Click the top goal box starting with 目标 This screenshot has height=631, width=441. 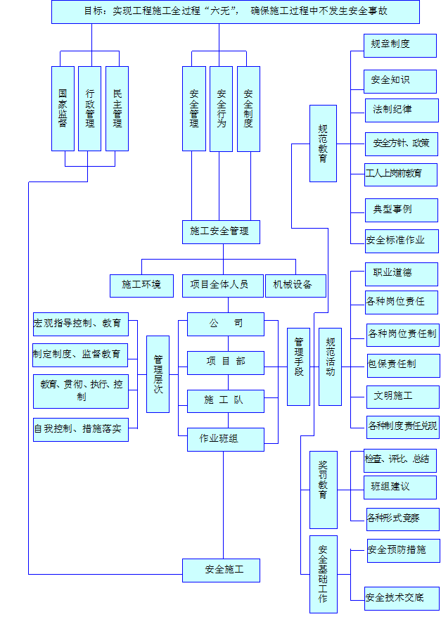pos(236,11)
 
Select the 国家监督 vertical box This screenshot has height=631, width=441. pos(63,108)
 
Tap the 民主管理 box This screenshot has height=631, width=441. pos(117,108)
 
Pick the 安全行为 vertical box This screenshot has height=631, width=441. pos(221,108)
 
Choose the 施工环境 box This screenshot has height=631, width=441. pos(141,286)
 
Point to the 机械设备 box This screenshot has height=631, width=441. pos(296,286)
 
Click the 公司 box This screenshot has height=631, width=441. pos(226,324)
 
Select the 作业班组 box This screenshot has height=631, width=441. pos(226,440)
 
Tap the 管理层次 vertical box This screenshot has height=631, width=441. pos(158,374)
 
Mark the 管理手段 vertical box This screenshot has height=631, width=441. pos(298,367)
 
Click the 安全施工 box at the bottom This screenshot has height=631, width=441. pos(222,570)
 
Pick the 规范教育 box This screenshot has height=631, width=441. pos(323,144)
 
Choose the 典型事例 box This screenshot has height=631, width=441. pos(392,210)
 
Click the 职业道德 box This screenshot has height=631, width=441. pos(392,274)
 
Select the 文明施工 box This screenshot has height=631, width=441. pos(393,396)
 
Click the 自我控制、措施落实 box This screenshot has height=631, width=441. pos(81,429)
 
